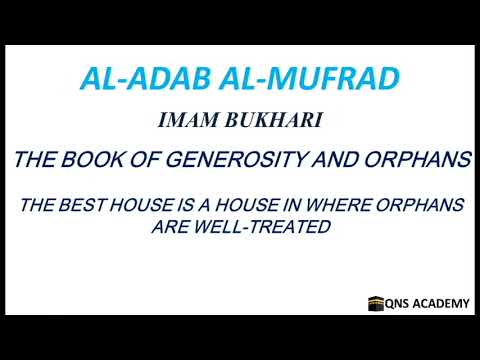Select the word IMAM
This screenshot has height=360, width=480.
(186, 122)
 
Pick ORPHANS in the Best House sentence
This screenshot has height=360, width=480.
(420, 207)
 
